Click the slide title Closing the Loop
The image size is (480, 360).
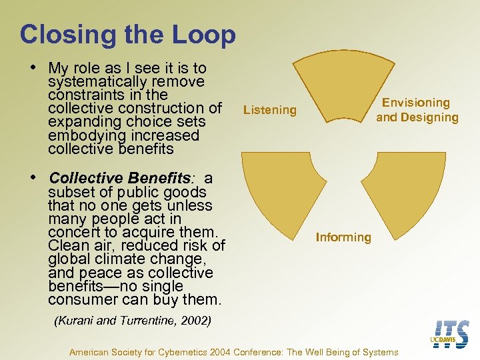(127, 35)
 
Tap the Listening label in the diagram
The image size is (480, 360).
(269, 110)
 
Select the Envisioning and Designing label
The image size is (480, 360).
(417, 110)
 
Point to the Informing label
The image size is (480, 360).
(343, 237)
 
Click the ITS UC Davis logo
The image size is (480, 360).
(451, 333)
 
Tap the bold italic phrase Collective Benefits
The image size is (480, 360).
(120, 179)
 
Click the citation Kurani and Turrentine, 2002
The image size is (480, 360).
(132, 321)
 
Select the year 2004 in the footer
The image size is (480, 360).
(222, 352)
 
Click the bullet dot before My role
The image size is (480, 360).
(33, 68)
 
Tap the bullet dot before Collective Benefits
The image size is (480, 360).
(33, 178)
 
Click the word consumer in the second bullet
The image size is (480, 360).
(79, 300)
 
